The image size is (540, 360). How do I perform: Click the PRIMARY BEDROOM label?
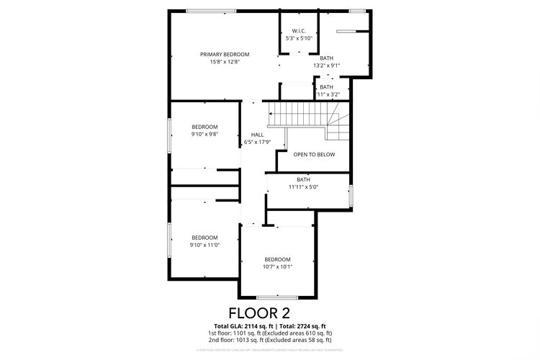(225, 55)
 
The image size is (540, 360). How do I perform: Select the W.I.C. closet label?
(299, 31)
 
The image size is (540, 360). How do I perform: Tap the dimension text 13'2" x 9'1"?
(326, 66)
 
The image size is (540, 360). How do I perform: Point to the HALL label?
(257, 135)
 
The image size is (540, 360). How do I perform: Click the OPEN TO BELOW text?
(314, 154)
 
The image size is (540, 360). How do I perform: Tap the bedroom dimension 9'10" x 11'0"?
(204, 245)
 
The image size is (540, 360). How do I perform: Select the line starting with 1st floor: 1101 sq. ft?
(269, 333)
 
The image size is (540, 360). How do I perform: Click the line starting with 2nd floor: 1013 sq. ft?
(269, 340)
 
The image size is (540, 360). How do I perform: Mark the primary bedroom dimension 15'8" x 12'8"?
(225, 62)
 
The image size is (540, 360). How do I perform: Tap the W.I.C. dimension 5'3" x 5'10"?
(299, 38)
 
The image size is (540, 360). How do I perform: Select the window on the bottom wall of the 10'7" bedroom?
(277, 297)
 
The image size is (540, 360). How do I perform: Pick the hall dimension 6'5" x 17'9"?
(257, 142)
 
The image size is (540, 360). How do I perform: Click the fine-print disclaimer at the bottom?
(269, 350)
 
